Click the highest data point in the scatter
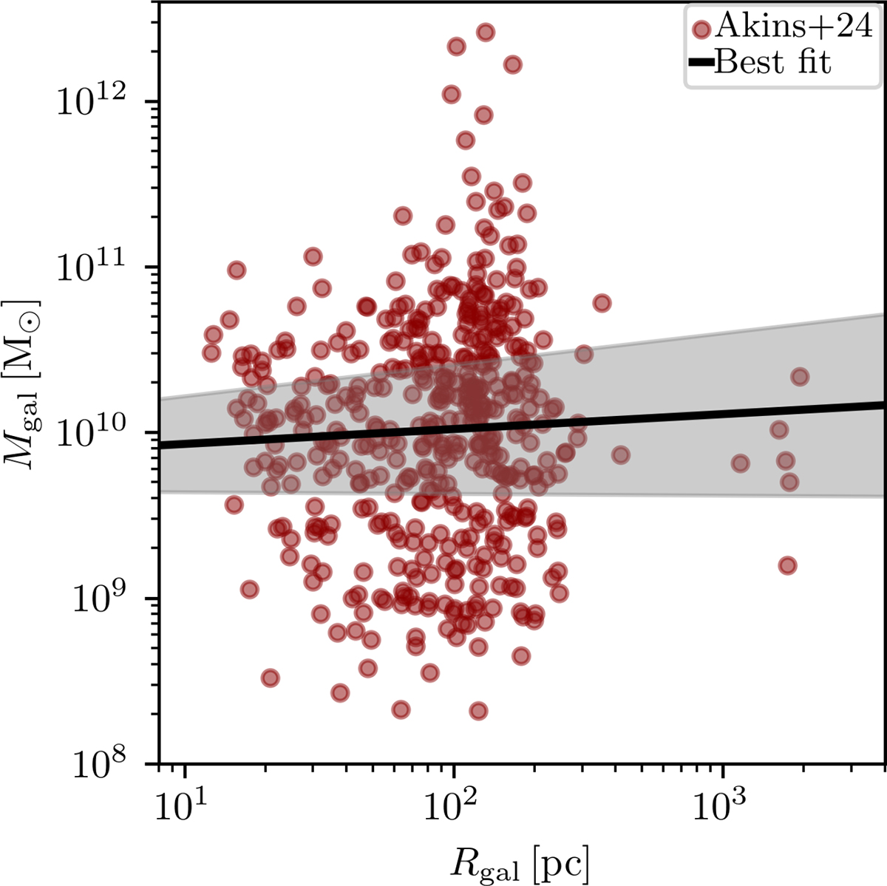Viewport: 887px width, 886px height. tap(485, 32)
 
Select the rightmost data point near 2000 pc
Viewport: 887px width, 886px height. tap(799, 377)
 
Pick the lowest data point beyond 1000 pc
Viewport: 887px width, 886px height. tap(787, 565)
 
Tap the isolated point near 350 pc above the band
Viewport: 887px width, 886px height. tap(602, 303)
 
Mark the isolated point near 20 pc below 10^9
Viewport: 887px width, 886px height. tap(270, 678)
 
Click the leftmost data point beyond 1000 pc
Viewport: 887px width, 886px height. tap(740, 463)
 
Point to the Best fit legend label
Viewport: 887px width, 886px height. tap(772, 62)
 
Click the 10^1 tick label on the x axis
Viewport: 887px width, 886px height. tap(185, 801)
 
